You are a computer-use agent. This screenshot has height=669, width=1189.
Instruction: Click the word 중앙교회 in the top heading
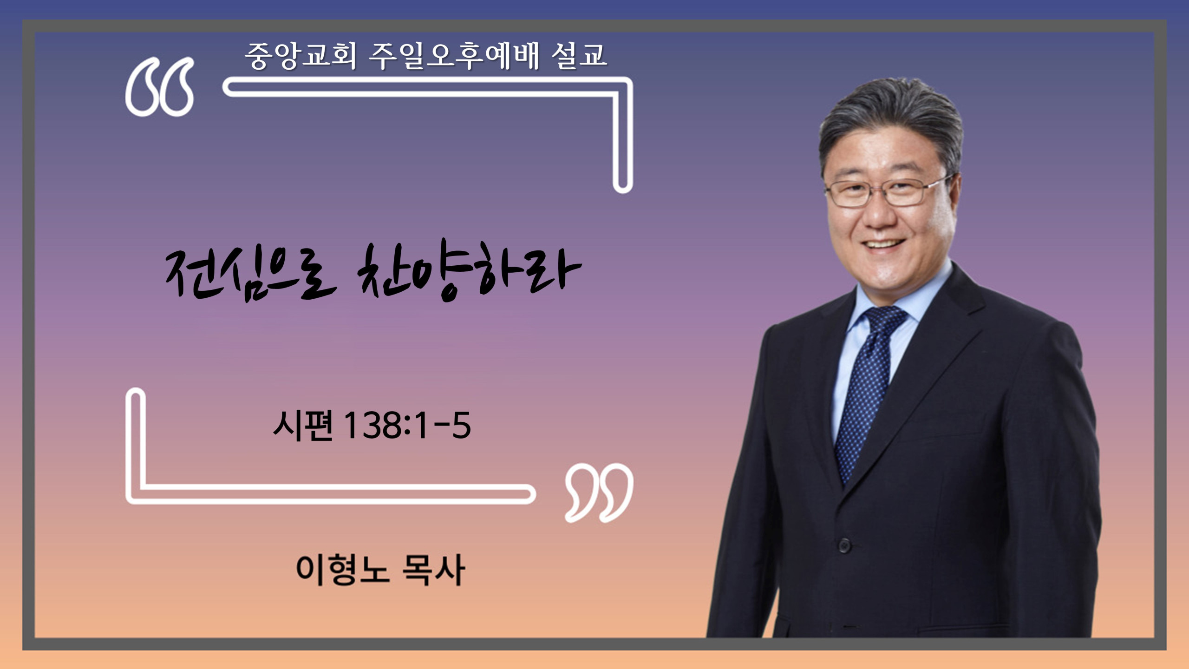coord(301,56)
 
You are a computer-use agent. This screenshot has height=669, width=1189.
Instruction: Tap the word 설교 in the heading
coord(579,56)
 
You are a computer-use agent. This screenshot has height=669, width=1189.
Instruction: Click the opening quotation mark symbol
coord(159,86)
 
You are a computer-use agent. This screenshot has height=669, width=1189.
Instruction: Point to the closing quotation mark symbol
coord(599,492)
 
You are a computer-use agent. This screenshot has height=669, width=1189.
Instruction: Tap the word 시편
coord(303,425)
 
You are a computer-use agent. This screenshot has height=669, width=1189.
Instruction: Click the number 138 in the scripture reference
coord(372,425)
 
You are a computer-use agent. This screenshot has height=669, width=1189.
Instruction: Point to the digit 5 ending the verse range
coord(461,425)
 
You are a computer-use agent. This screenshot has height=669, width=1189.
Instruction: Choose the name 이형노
coord(342,570)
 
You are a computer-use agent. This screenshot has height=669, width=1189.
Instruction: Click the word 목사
coord(433,570)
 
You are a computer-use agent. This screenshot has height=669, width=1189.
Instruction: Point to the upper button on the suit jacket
coord(844,545)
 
